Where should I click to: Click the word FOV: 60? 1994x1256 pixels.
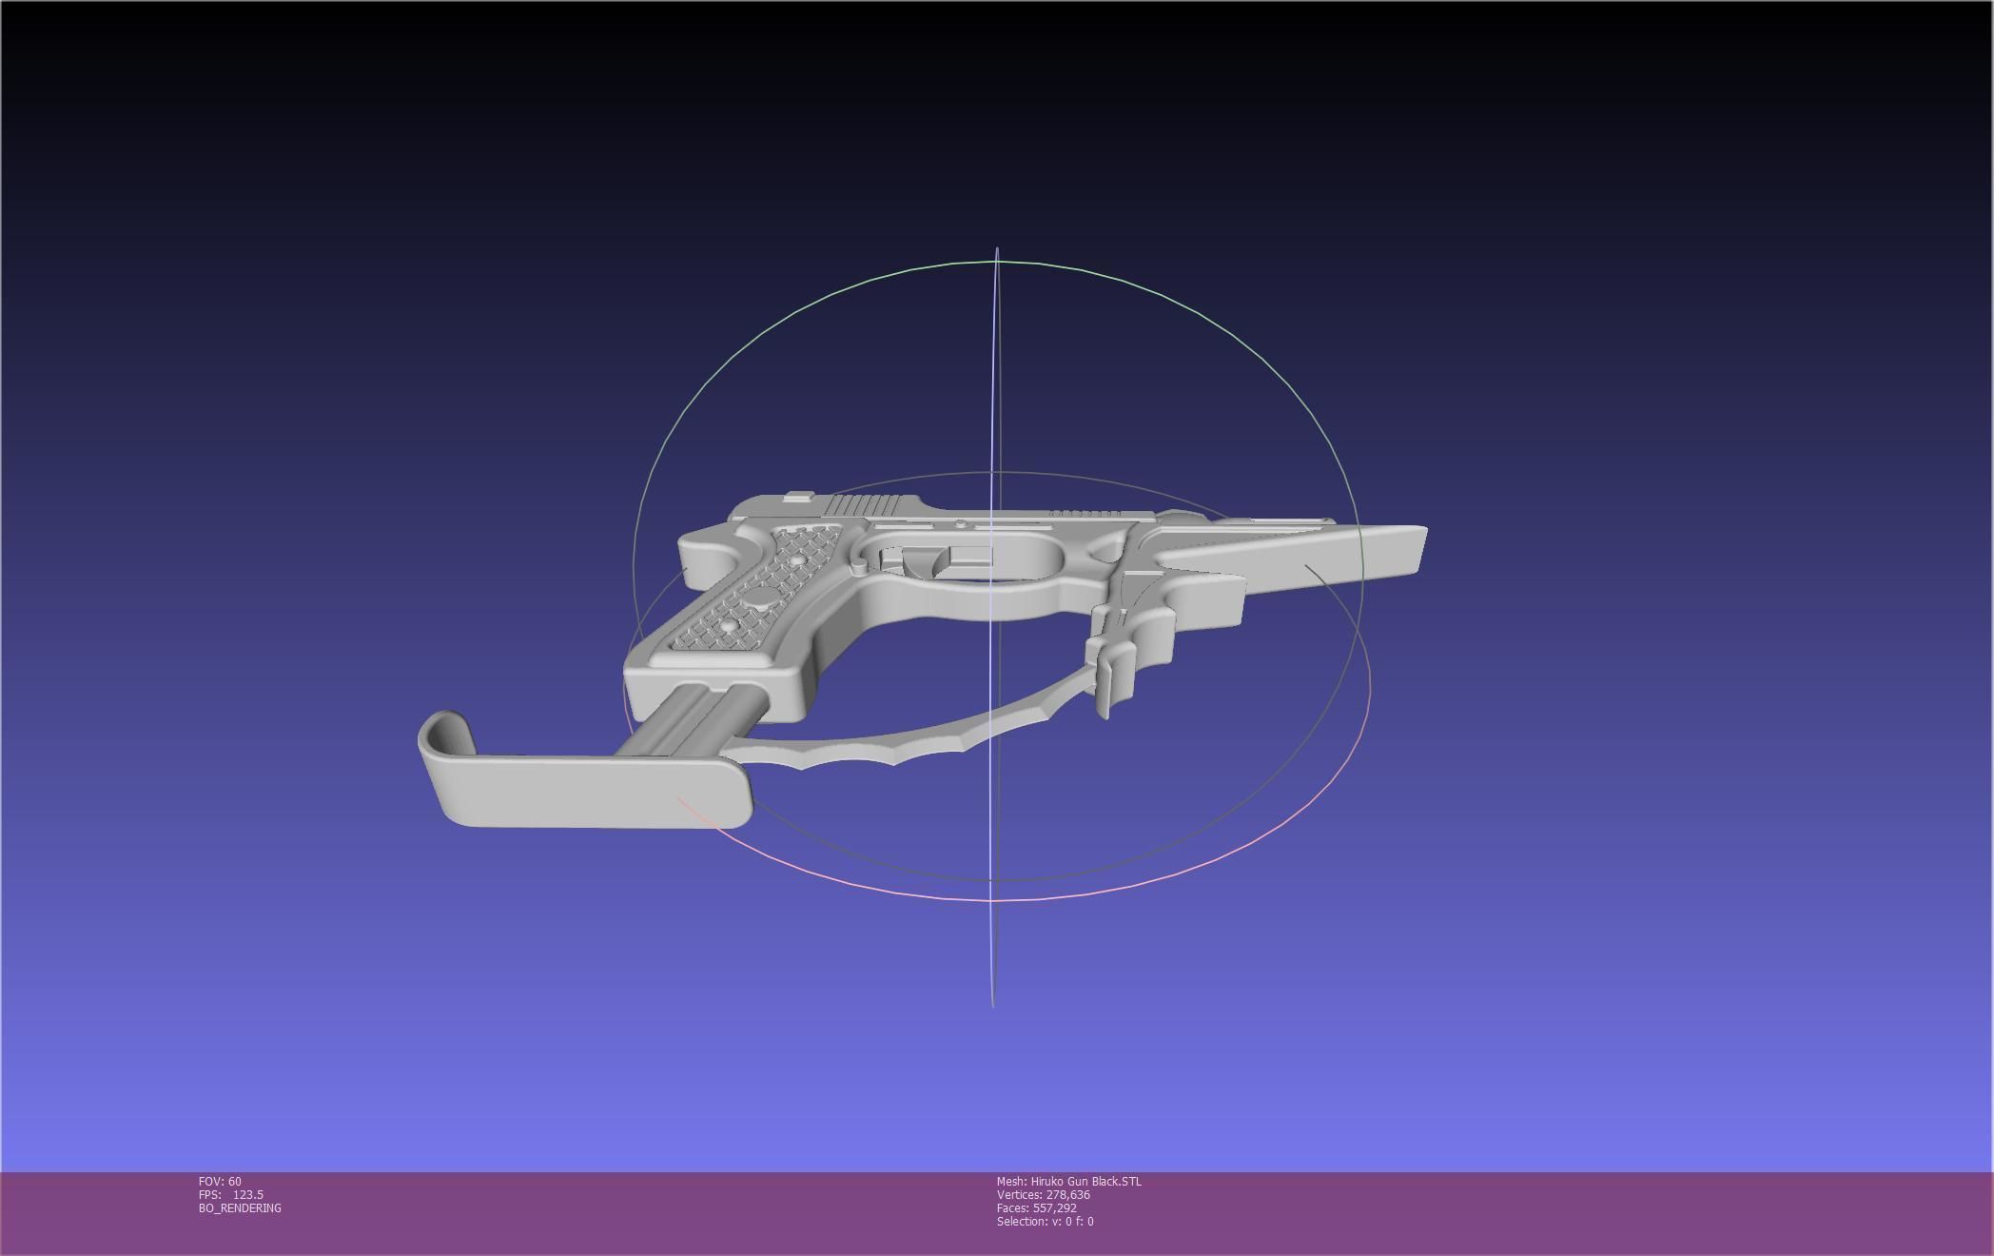tap(220, 1182)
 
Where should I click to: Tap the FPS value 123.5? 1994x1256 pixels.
tap(247, 1195)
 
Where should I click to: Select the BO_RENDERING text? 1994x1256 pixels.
tap(240, 1208)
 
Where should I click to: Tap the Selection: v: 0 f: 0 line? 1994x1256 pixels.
tap(1045, 1222)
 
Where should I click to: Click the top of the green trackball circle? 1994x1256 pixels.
tap(995, 261)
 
